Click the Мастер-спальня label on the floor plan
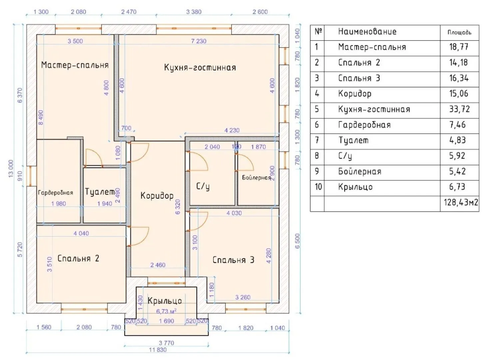(x=75, y=65)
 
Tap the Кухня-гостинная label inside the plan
(x=200, y=68)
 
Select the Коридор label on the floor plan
(x=157, y=195)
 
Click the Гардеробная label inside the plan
(x=55, y=193)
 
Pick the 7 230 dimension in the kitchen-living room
(x=199, y=41)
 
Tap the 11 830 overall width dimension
(x=158, y=350)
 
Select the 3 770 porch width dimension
(x=166, y=343)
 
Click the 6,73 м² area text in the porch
(x=166, y=311)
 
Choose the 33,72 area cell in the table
(x=459, y=109)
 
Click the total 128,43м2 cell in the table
(x=461, y=202)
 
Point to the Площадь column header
(x=459, y=32)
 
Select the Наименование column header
(x=367, y=32)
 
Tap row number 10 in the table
(x=318, y=187)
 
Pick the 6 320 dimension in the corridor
(x=178, y=207)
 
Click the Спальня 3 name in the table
(x=359, y=78)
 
